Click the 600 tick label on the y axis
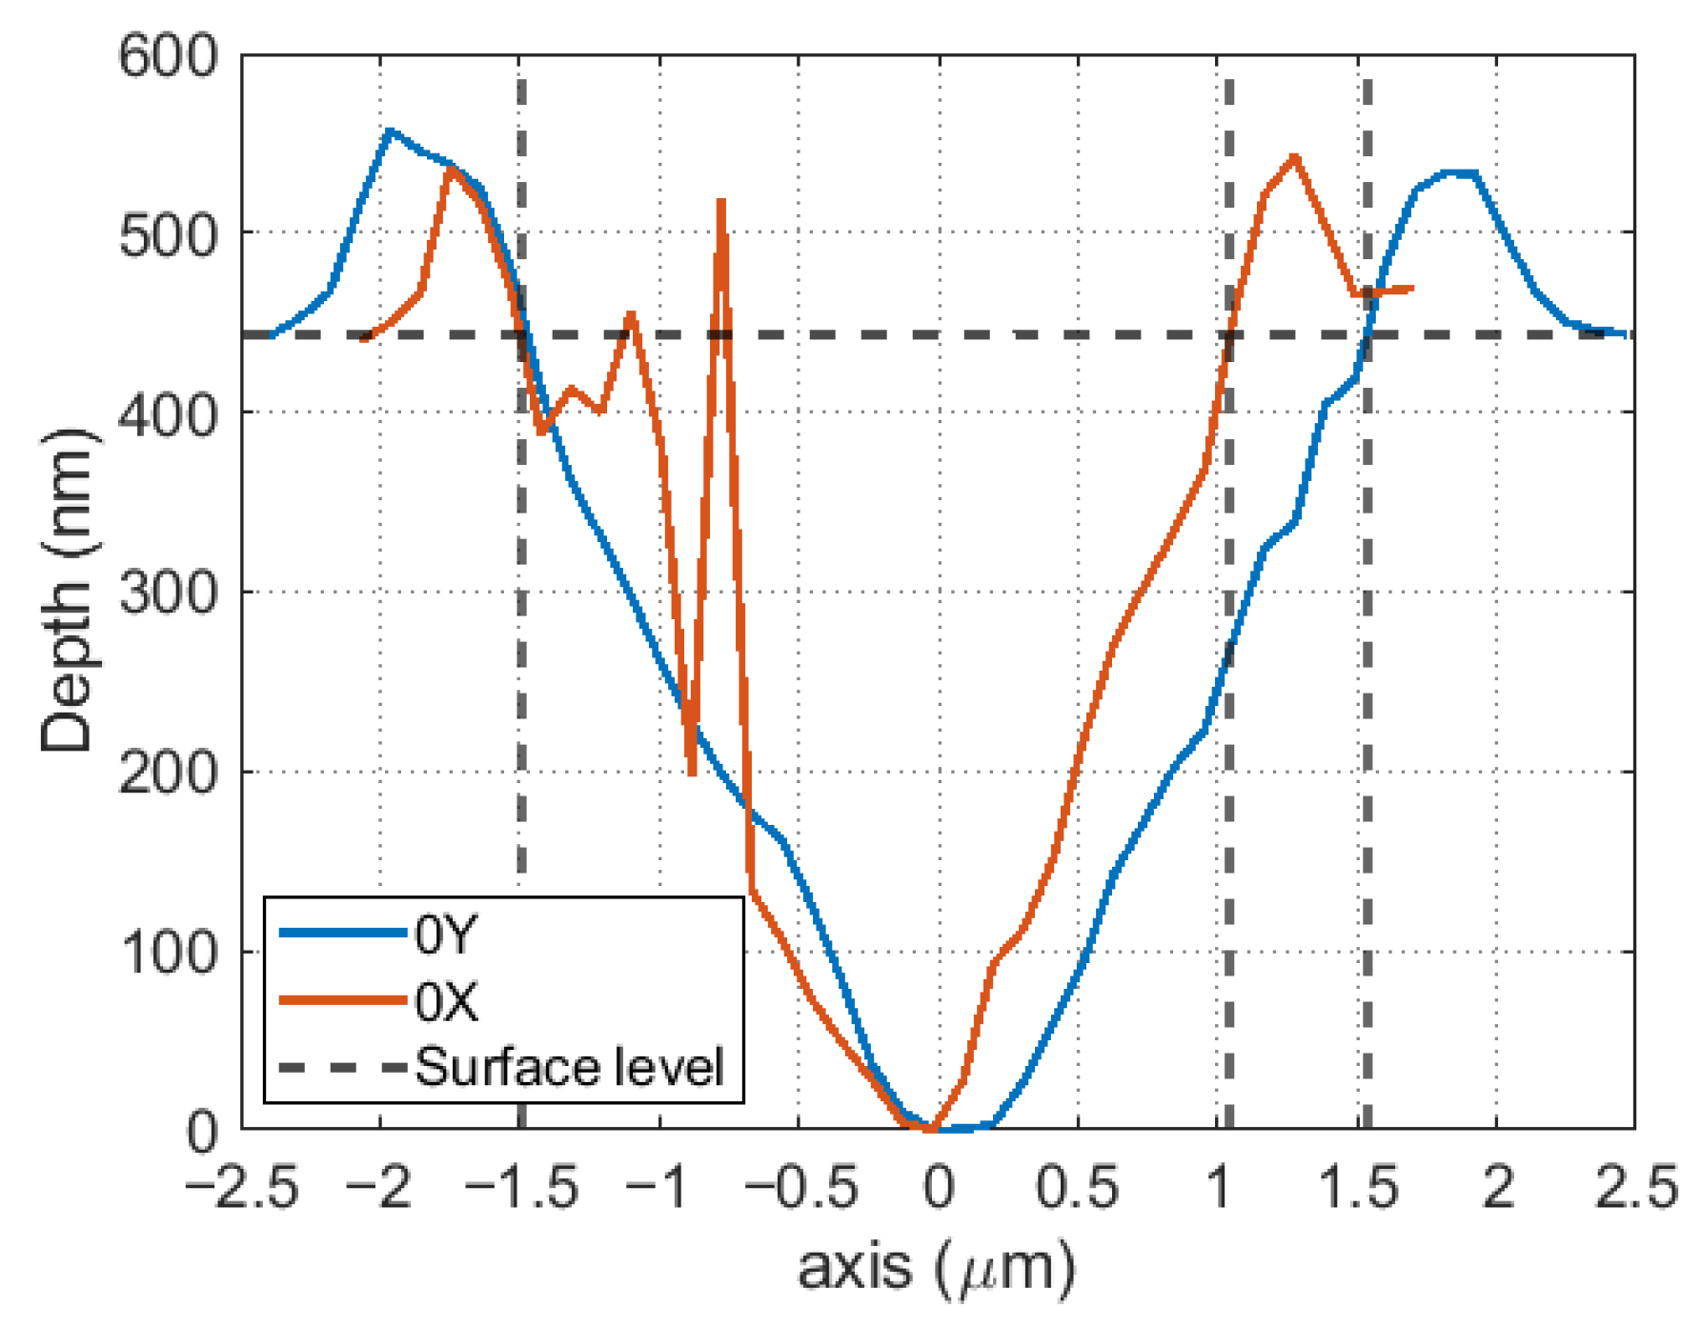[168, 57]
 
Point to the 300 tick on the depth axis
[168, 593]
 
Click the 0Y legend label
[445, 935]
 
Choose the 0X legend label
[446, 1001]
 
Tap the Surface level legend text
[569, 1067]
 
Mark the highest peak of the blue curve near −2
[388, 130]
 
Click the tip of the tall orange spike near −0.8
[721, 200]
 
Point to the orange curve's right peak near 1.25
[1294, 156]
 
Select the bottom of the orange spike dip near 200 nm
[692, 774]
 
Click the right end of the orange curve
[1411, 288]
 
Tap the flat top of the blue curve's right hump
[1459, 173]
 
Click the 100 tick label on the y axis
[168, 953]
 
